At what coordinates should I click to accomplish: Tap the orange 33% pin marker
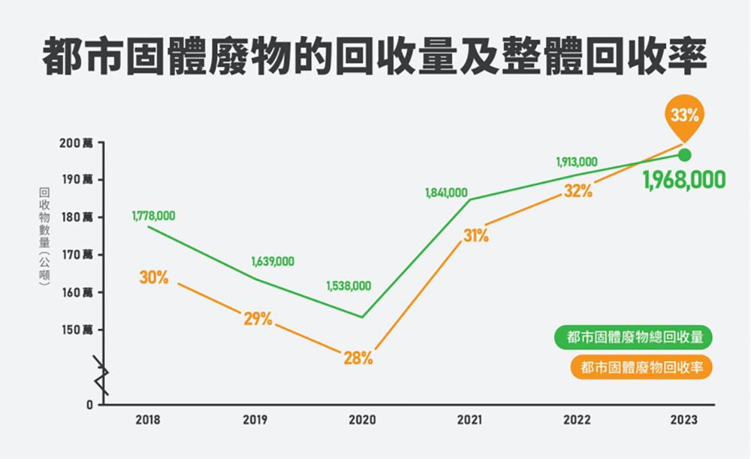(x=684, y=116)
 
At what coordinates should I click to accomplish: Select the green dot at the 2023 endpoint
(x=684, y=156)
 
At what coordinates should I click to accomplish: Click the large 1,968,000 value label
(x=684, y=180)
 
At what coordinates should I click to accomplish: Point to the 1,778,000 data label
(x=153, y=216)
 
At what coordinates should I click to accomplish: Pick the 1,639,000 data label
(x=273, y=262)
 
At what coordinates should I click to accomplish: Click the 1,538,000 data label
(x=348, y=286)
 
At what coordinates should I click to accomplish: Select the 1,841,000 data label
(x=446, y=193)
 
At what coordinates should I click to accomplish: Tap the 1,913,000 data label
(x=577, y=162)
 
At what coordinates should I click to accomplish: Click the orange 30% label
(x=154, y=277)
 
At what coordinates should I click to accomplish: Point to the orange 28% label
(x=358, y=358)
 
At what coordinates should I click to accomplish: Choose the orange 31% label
(x=475, y=236)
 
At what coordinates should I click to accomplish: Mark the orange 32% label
(x=578, y=191)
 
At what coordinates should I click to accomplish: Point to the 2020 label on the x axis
(x=362, y=421)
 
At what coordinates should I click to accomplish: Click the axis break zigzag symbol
(x=101, y=376)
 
